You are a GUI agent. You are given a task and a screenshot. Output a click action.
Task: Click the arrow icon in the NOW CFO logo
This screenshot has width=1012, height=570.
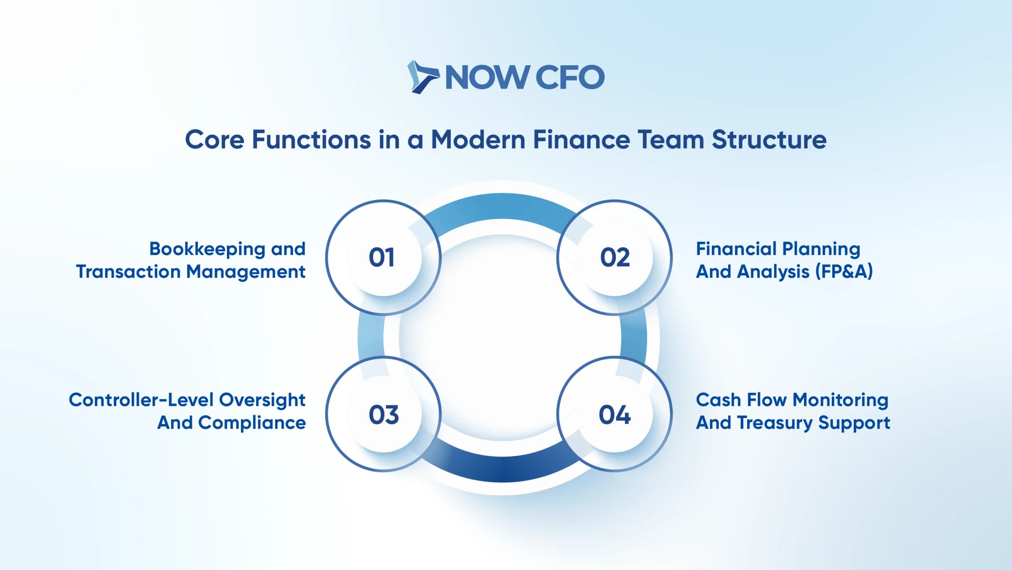[x=423, y=77]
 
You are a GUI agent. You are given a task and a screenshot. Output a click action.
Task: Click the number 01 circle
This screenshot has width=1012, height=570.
[x=383, y=257]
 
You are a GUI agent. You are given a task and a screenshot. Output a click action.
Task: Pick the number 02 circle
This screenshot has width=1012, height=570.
[x=614, y=257]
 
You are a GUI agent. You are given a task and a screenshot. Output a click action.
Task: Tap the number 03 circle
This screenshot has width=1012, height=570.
[x=383, y=414]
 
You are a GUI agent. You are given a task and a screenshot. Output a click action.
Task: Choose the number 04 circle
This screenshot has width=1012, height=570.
[x=614, y=414]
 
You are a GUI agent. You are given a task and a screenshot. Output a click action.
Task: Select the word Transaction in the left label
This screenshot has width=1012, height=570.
[x=128, y=272]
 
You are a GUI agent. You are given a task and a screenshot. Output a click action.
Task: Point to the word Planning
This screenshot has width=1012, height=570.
[x=821, y=249]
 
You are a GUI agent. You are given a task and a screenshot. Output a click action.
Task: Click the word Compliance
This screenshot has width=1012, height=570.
[x=252, y=423]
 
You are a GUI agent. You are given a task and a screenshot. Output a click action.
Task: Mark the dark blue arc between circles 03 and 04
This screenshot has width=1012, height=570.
[x=502, y=469]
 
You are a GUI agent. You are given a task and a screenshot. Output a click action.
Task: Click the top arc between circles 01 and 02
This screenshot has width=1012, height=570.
[x=502, y=206]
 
